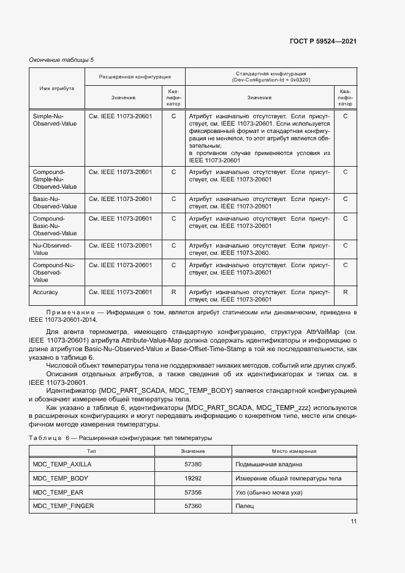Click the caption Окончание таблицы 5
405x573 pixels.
61,59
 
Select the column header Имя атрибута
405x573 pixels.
57,88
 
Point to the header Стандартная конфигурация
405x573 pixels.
270,77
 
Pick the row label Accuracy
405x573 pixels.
45,292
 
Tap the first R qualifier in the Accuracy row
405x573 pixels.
173,292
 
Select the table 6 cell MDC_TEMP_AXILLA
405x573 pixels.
61,465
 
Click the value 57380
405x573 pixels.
193,465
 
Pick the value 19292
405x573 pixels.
193,478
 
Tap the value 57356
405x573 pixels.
193,492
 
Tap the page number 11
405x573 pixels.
353,522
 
